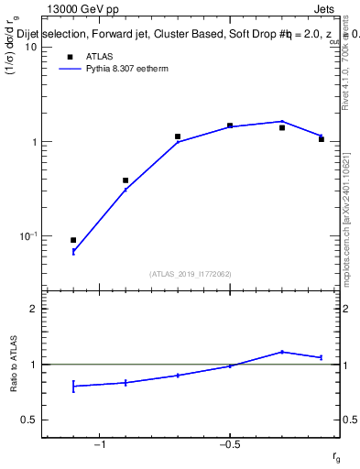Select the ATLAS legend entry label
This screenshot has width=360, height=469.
100,56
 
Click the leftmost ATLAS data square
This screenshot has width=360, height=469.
73,240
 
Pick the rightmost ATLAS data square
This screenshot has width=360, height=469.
322,139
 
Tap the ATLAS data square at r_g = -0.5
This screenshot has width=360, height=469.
230,125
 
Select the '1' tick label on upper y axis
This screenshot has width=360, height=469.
36,142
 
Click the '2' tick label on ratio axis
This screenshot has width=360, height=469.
36,309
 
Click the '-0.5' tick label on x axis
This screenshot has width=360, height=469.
228,444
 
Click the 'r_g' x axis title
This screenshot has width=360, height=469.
336,457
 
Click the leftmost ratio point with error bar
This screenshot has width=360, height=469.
73,387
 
